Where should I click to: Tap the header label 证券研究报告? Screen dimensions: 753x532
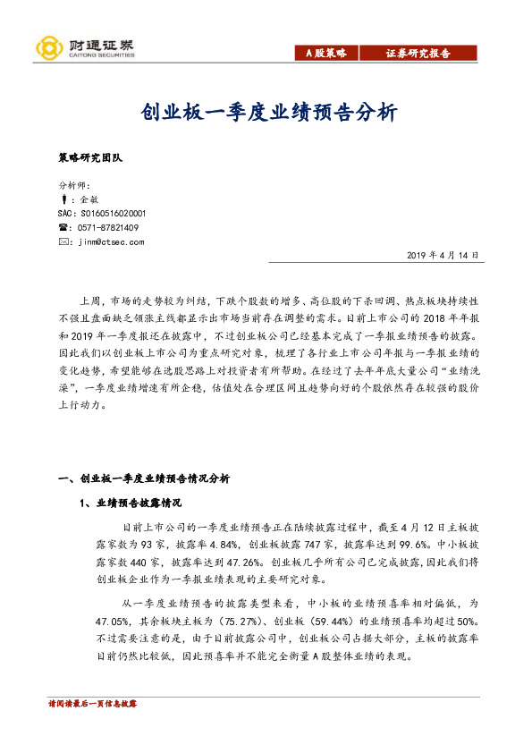tap(418, 54)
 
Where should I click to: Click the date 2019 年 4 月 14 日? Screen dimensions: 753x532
tap(442, 256)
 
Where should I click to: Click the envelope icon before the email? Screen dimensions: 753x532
tap(62, 241)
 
